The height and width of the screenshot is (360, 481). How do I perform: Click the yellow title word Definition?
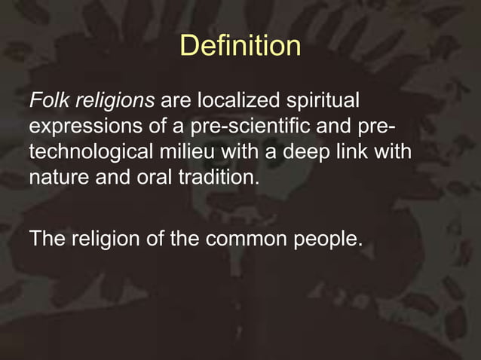tap(240, 47)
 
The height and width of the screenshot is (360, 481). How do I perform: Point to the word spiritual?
tap(323, 101)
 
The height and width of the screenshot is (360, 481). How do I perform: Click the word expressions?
tap(79, 126)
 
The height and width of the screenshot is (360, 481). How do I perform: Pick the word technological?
tap(93, 151)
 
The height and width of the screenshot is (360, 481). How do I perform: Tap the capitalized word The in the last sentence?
tap(47, 239)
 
